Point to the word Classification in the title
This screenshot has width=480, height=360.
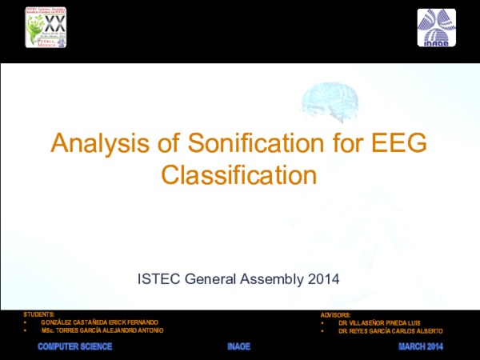point(239,173)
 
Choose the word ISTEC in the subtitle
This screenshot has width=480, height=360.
point(159,279)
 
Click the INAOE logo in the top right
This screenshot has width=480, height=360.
point(437,28)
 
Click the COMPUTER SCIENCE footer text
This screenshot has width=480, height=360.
point(75,346)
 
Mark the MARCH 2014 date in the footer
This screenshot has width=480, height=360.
point(421,346)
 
